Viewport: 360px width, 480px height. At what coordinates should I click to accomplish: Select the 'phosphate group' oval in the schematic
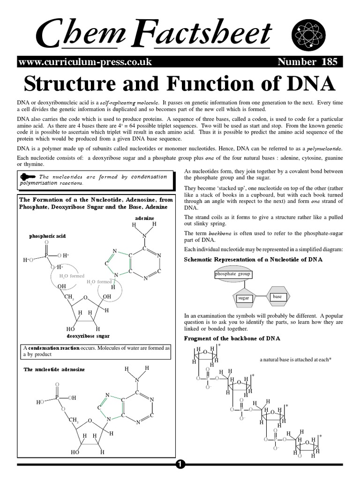(x=232, y=274)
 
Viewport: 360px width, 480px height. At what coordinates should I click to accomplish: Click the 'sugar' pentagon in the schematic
(x=243, y=298)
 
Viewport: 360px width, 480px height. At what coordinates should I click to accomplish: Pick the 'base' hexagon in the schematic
(x=277, y=296)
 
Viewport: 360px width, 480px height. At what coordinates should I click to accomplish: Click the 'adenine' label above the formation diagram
(x=144, y=218)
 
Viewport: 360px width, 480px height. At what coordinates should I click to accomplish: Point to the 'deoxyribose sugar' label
(x=89, y=336)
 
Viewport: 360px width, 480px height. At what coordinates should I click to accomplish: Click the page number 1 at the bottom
(x=180, y=464)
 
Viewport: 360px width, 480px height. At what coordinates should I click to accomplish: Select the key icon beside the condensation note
(x=28, y=177)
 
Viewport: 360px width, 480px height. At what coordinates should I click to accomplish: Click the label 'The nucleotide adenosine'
(x=54, y=370)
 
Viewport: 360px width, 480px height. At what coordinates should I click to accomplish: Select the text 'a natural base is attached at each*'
(x=295, y=360)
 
